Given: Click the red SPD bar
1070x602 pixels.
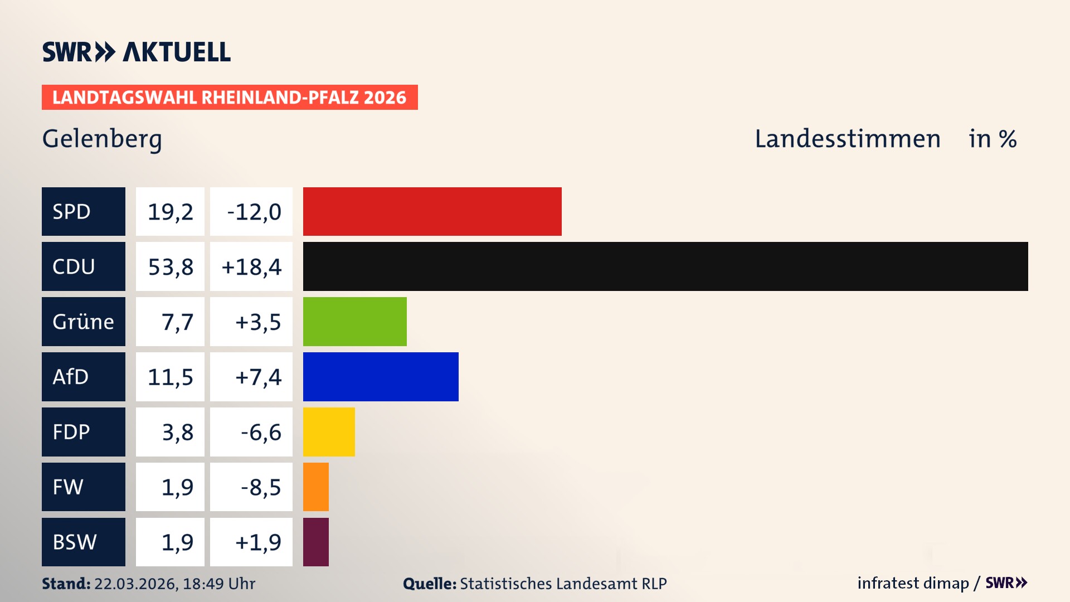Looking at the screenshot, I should tap(432, 211).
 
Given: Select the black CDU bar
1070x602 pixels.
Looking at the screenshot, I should tap(665, 266).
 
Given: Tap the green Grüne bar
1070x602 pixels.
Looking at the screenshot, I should tap(354, 322).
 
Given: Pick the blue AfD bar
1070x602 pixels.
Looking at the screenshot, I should tap(381, 377).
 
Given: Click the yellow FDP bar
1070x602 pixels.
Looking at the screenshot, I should tap(329, 432).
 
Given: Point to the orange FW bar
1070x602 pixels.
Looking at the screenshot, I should tap(315, 487).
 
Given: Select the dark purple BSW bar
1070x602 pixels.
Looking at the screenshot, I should tap(315, 542).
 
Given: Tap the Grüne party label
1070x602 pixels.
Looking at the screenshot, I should tap(83, 322).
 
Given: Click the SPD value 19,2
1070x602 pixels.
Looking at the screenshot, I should tap(170, 212).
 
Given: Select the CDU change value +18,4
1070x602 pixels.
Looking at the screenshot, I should tap(251, 267).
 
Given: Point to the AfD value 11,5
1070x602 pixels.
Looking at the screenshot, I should tap(170, 377).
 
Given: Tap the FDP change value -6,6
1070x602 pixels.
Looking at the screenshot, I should tap(260, 433).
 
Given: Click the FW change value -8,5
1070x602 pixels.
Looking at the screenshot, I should tap(260, 487).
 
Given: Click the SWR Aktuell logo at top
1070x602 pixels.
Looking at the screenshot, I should tap(136, 52).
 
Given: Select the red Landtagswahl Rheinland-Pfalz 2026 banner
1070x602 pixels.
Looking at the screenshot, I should tap(229, 98).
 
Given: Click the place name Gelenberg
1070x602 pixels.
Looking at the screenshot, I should tap(102, 139).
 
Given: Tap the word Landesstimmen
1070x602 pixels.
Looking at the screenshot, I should tap(847, 139).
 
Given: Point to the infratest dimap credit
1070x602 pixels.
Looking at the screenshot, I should tap(913, 583).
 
